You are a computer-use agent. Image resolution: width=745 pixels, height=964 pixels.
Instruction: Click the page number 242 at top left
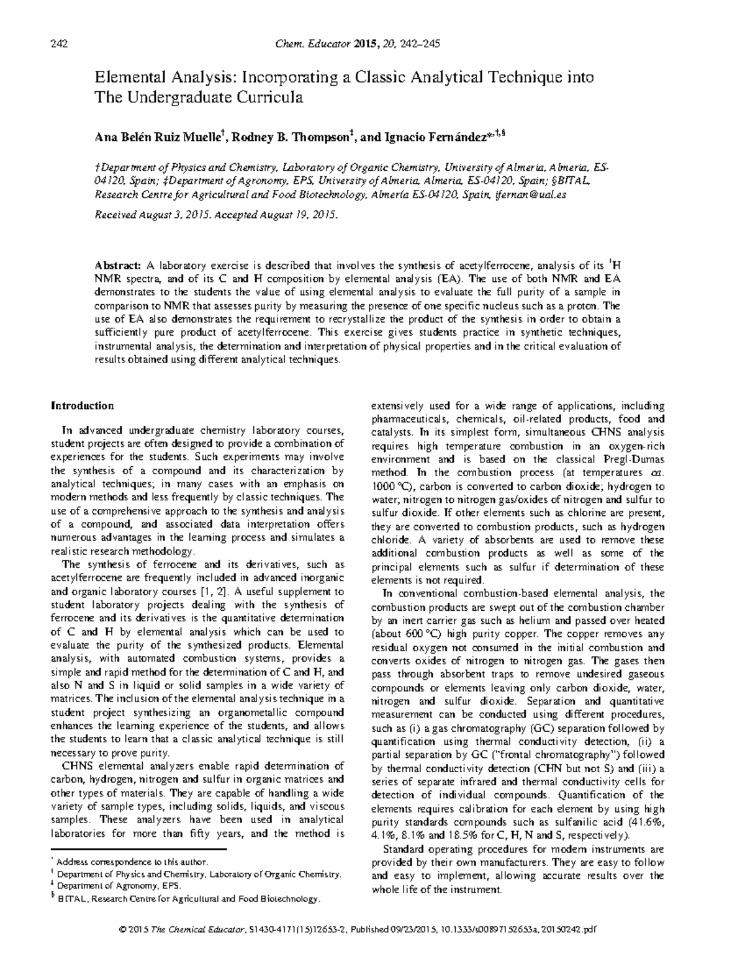[58, 43]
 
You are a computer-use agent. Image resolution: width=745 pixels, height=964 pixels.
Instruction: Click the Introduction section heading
[82, 406]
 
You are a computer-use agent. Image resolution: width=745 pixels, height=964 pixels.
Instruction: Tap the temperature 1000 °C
[391, 486]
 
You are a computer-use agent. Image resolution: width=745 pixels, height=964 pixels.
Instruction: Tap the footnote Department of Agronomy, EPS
[110, 886]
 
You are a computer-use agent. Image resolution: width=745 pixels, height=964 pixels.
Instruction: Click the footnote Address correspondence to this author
[132, 862]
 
